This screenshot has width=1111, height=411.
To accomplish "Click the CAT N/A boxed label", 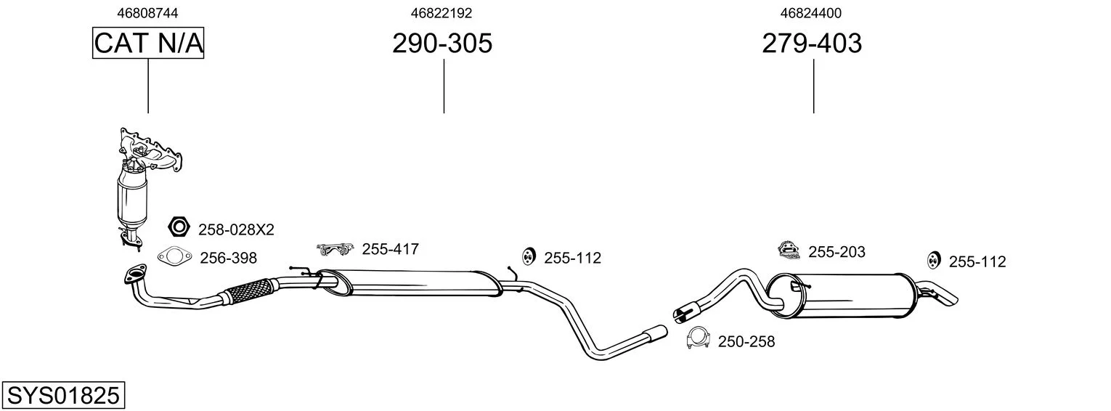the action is tap(148, 43).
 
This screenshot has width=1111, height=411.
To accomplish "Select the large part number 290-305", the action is tap(442, 43).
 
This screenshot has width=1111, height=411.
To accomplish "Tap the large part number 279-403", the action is tap(812, 43).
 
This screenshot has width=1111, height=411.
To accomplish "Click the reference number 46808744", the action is tap(147, 13).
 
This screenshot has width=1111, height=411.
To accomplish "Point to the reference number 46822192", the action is tap(441, 13).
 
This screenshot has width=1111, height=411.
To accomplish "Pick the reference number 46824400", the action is tap(811, 13).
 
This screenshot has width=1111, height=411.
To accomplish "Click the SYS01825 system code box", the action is tap(63, 396).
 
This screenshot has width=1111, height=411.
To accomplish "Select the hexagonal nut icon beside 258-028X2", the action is tap(179, 227).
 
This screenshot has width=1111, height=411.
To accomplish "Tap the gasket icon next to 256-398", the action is tap(174, 256).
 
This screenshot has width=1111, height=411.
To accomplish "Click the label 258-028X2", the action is tap(236, 229).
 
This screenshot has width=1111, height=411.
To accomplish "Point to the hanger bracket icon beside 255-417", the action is tap(335, 249).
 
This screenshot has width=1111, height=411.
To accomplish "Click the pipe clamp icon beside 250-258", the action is tap(699, 338).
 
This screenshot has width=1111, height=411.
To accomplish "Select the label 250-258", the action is tap(746, 341).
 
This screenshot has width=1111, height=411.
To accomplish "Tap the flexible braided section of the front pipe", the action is tap(249, 290).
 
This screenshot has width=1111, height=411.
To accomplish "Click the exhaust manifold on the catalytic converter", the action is tap(150, 151).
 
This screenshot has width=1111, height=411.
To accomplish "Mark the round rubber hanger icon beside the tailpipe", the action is tap(934, 260).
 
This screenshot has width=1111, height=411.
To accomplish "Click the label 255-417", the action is tap(391, 249).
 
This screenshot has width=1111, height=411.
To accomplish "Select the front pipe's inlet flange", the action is tap(135, 274).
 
